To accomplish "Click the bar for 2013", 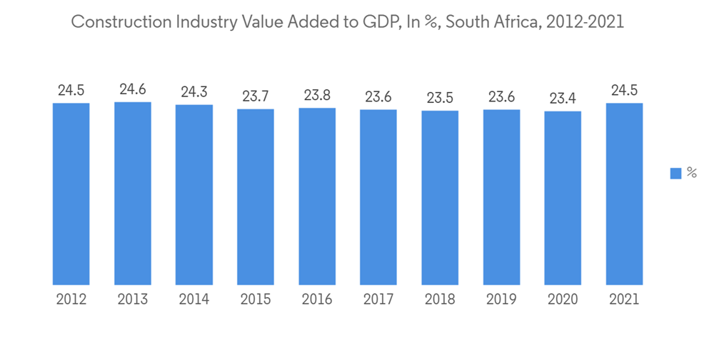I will [133, 193].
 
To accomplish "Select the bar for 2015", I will [256, 196].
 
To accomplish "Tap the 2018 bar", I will [440, 197].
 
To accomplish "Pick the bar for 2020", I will [563, 198].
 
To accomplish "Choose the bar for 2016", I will [317, 196].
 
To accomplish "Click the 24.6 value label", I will [133, 90].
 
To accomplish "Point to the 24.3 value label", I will [194, 92].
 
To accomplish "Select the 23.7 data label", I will [256, 96].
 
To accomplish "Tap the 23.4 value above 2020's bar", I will [563, 99].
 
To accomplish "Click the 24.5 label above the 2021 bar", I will [624, 91].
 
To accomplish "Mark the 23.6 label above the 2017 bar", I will [378, 97].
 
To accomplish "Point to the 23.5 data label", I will [440, 98].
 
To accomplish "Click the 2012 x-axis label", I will [71, 299].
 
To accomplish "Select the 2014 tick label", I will [194, 299].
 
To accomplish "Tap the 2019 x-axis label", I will [501, 299].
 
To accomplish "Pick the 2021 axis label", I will [624, 299].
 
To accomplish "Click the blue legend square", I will [675, 174].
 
